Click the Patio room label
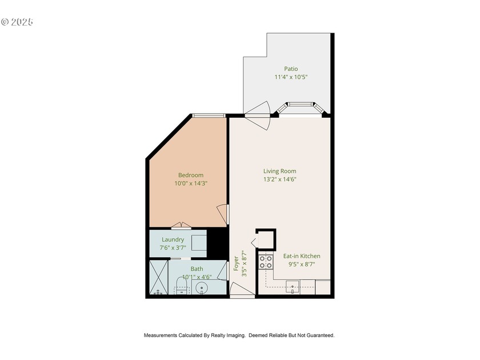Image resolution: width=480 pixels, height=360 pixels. click(x=291, y=69)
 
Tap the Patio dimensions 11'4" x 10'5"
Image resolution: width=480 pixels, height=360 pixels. click(x=291, y=77)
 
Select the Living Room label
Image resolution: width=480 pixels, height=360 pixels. click(x=279, y=171)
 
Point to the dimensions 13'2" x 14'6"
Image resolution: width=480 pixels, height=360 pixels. click(x=279, y=179)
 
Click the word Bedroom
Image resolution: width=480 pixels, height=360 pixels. click(x=190, y=175)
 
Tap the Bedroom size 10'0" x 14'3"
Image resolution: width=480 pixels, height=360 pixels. click(x=190, y=183)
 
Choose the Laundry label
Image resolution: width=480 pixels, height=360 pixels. click(x=173, y=239)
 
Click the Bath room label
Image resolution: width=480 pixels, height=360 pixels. click(x=197, y=269)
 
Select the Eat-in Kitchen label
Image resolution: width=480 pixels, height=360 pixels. click(x=302, y=256)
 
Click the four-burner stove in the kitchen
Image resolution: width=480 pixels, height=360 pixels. click(x=266, y=262)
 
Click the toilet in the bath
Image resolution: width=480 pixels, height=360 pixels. click(x=181, y=286)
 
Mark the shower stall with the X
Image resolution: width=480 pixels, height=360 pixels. click(x=158, y=277)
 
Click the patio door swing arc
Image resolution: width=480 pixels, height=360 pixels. click(x=258, y=110)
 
